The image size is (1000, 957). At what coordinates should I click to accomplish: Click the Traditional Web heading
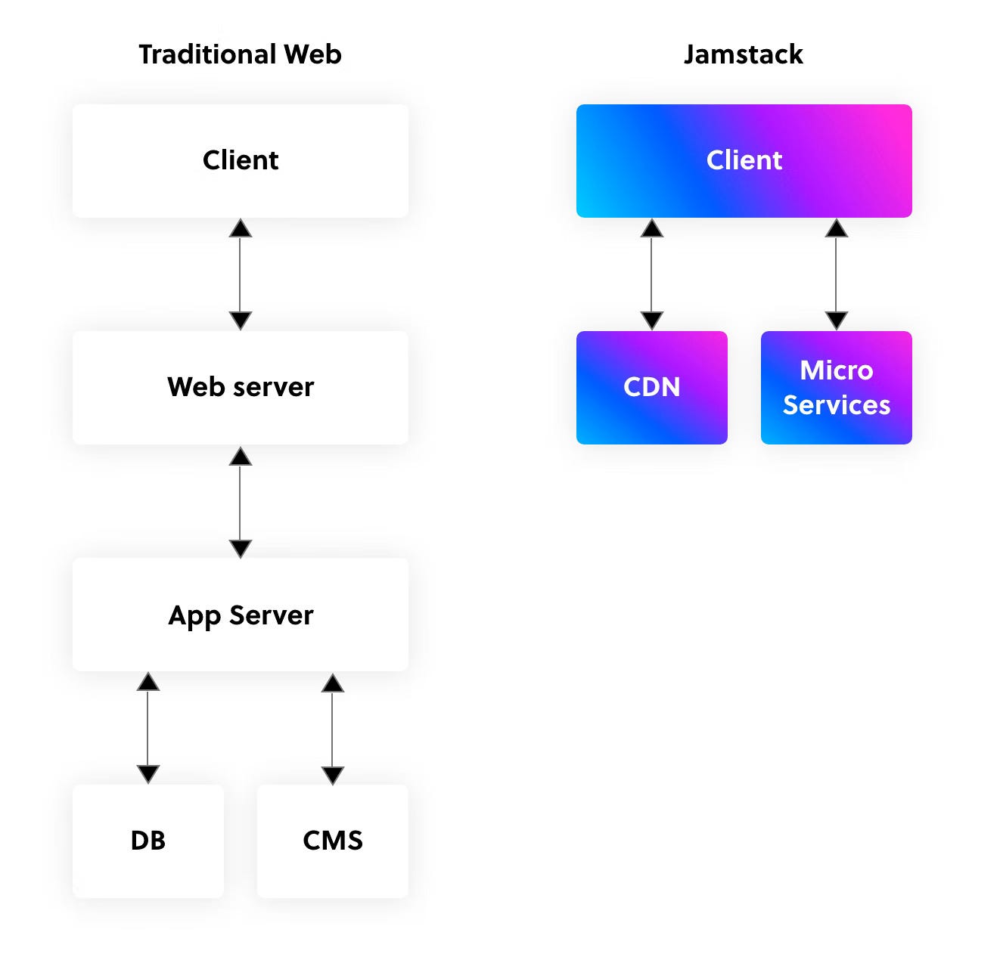click(x=240, y=54)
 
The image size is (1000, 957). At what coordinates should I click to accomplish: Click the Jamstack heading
click(x=743, y=54)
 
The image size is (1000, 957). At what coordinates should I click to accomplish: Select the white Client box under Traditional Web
click(x=240, y=160)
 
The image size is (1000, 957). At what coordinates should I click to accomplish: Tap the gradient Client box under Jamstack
click(x=744, y=160)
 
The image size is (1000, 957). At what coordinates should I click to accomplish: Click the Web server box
click(x=240, y=387)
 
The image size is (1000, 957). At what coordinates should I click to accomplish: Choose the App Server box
click(x=240, y=615)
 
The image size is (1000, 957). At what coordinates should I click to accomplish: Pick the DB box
click(x=148, y=841)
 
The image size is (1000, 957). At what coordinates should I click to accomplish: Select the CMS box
click(x=332, y=841)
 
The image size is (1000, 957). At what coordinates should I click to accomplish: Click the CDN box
click(x=651, y=387)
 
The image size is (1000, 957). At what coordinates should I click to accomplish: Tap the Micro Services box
click(x=836, y=387)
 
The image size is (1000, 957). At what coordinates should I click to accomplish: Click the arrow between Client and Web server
click(x=240, y=274)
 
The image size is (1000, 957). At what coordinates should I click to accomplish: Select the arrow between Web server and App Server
click(x=240, y=502)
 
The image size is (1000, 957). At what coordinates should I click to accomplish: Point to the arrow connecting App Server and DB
click(x=148, y=728)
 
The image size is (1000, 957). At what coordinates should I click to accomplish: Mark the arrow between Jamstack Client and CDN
click(x=651, y=274)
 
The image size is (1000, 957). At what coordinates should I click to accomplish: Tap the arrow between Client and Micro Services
click(x=836, y=274)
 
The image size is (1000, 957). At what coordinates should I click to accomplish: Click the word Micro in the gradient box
click(x=836, y=370)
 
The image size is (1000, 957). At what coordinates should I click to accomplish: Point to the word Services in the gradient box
click(x=836, y=405)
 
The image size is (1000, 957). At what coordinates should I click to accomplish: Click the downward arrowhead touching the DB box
click(x=148, y=774)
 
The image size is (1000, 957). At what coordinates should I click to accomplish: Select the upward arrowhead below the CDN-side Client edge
click(x=651, y=228)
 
